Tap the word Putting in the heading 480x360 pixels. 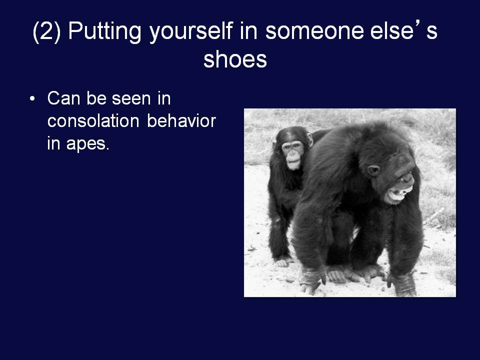tap(104, 32)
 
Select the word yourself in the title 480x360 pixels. tap(191, 32)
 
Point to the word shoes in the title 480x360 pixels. tap(235, 59)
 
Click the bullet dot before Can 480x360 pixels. tap(32, 99)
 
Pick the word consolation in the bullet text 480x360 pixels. tap(93, 120)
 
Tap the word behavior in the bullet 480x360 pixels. tap(181, 120)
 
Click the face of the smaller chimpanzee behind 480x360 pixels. tap(292, 154)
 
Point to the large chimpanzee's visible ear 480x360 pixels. tap(373, 170)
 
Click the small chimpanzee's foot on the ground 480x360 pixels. tap(282, 262)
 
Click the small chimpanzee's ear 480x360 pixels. tap(310, 139)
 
